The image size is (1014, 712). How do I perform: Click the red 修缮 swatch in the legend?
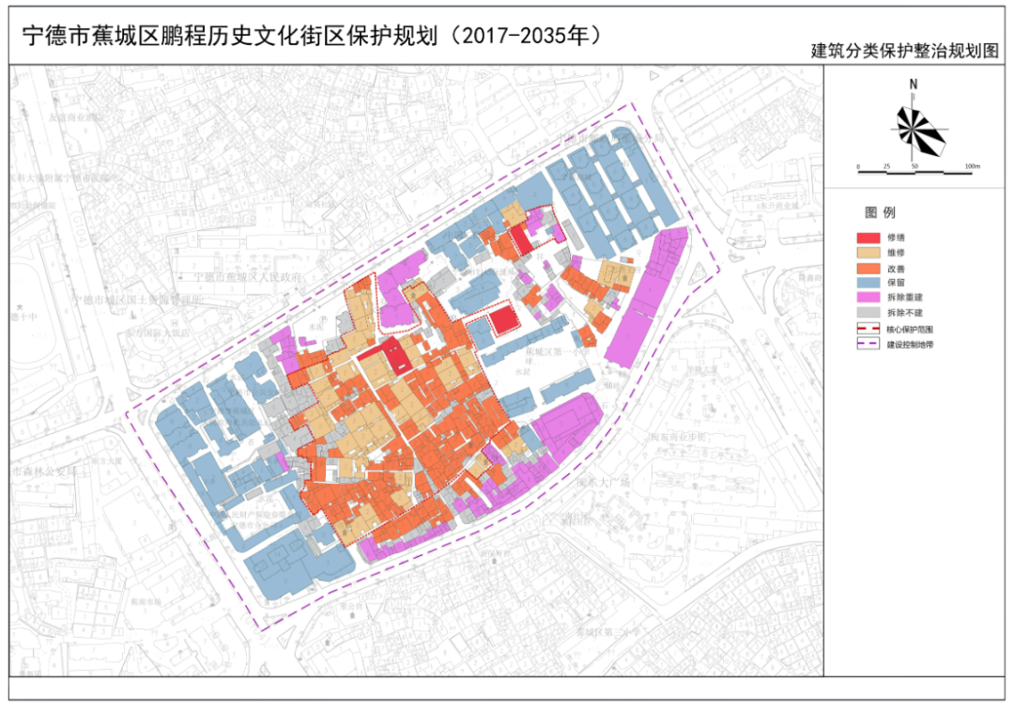tap(869, 239)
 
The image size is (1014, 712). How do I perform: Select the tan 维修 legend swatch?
tap(869, 254)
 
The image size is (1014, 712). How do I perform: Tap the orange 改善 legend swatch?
tap(869, 269)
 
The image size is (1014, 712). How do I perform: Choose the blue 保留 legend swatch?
tap(869, 284)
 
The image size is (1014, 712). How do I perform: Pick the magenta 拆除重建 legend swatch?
tap(869, 299)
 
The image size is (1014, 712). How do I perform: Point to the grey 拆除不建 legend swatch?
tap(869, 314)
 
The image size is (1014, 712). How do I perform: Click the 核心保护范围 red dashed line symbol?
tap(869, 330)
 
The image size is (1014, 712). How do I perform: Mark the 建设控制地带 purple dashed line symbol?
tap(869, 345)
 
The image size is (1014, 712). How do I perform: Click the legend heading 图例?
tap(880, 212)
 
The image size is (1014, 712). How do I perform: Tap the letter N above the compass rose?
tap(913, 85)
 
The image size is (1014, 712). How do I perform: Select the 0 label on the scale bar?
tap(858, 167)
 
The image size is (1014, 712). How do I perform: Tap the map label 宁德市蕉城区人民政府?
tap(246, 278)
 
